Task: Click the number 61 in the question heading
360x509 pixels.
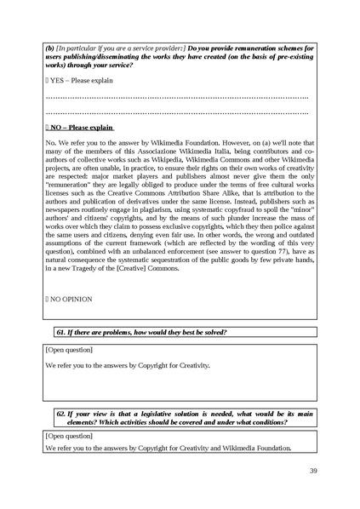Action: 60,330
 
